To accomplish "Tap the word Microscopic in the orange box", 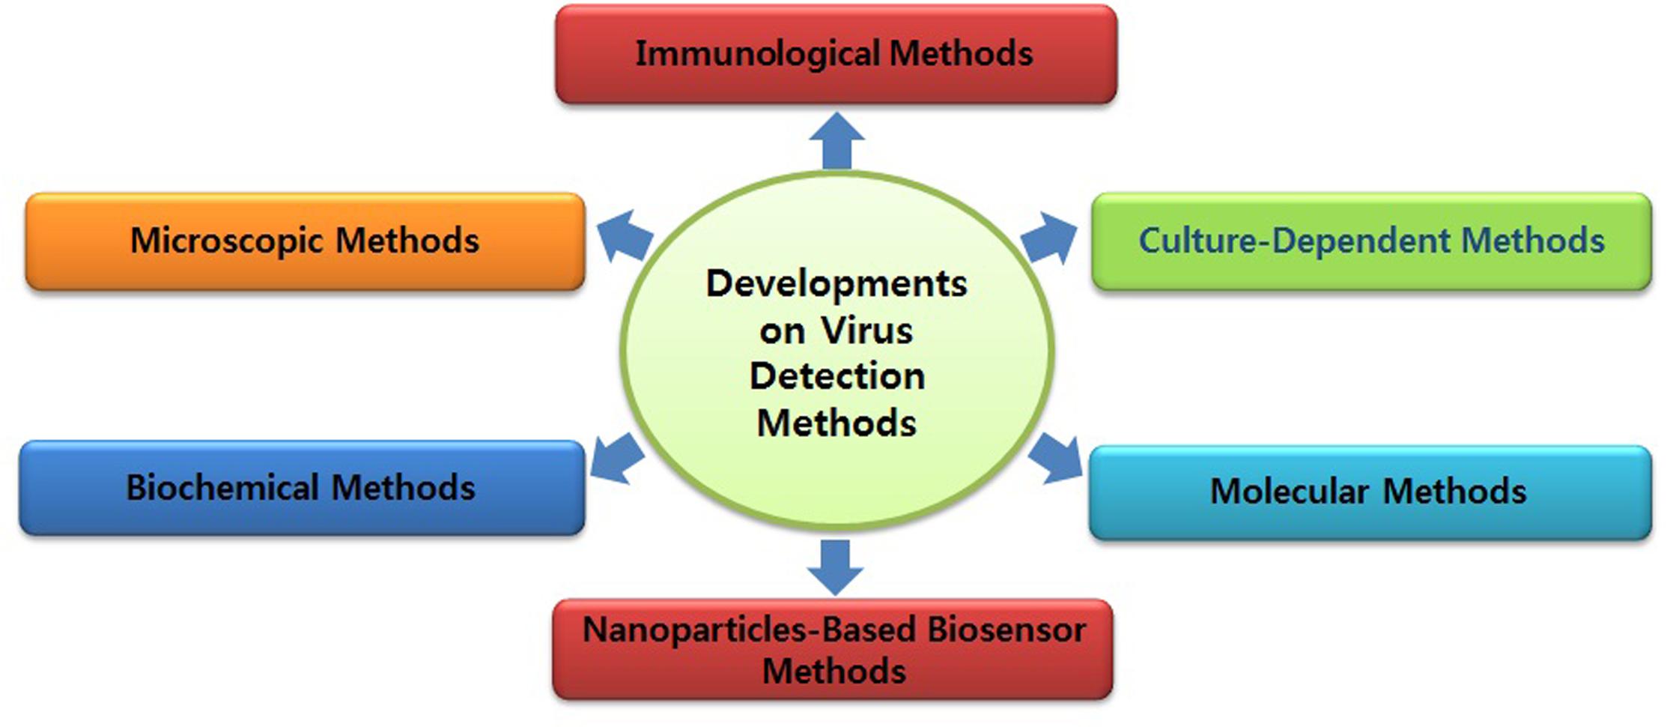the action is click(227, 241).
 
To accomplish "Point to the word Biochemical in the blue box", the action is click(222, 487).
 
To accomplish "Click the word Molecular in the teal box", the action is click(1290, 492).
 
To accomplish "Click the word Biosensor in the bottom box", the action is click(1006, 630).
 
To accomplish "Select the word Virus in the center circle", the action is click(866, 331).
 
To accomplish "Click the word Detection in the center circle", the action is click(837, 376).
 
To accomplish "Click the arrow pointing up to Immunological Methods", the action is click(837, 141).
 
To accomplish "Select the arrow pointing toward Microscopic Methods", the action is click(624, 235).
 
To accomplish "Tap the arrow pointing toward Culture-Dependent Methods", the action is click(1049, 238).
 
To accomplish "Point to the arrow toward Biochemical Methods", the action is click(617, 458).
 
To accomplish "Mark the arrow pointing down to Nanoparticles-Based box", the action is click(836, 567).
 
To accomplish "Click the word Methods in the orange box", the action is click(407, 241).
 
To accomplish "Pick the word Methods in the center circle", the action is click(837, 423).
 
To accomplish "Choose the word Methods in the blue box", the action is click(403, 487).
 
